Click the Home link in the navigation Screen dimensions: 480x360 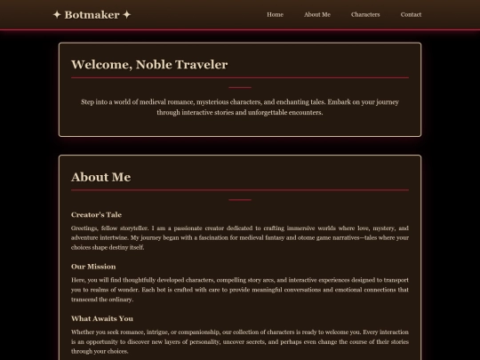(275, 14)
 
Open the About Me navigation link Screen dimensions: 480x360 (316, 14)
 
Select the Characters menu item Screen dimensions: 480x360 (365, 14)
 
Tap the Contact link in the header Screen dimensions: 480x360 (411, 14)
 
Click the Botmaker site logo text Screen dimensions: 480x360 (92, 14)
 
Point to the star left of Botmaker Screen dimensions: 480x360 (57, 14)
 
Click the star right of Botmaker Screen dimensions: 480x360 (127, 14)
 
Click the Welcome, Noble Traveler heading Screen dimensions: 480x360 (149, 64)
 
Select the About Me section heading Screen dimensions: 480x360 (100, 177)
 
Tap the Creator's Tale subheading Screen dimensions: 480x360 (96, 214)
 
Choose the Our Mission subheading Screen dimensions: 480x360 (92, 266)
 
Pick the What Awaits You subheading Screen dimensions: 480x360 (102, 317)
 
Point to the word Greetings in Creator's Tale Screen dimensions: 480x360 (85, 228)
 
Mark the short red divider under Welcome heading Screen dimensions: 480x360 (240, 87)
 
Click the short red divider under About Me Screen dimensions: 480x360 (240, 200)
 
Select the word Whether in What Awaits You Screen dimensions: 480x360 (84, 332)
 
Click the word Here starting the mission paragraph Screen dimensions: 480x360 (78, 280)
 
